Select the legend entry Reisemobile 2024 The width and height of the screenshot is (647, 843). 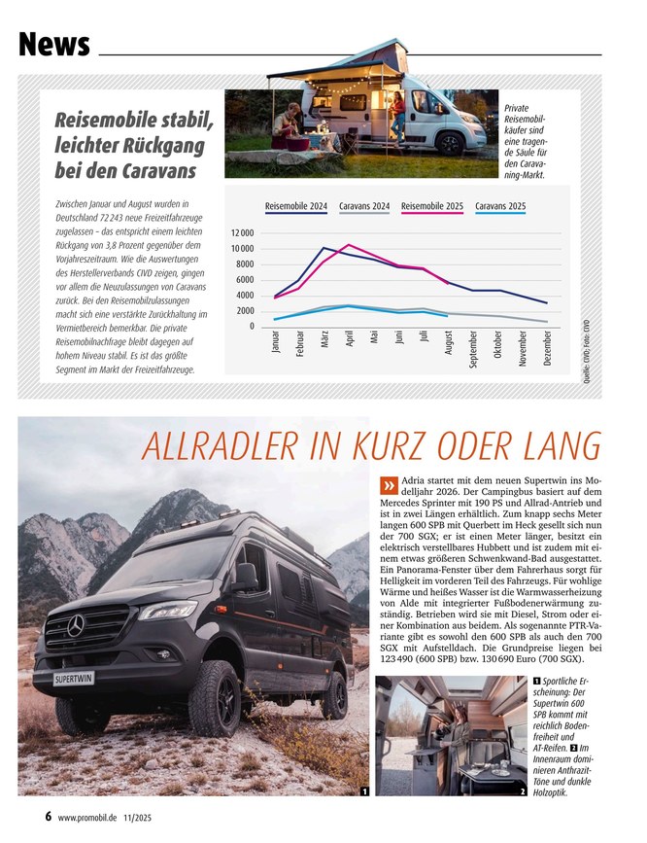(295, 206)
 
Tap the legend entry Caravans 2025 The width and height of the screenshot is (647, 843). (501, 206)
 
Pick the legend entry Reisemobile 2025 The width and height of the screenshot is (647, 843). (431, 206)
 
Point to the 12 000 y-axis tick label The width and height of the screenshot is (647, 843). (242, 234)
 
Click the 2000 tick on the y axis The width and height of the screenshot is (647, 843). (244, 311)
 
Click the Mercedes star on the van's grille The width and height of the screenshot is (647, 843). (76, 624)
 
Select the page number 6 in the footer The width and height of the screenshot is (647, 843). (48, 817)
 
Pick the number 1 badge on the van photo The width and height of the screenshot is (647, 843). (362, 793)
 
